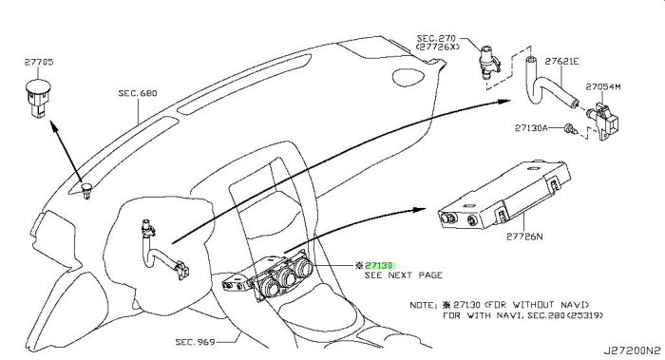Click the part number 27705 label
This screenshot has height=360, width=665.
[39, 62]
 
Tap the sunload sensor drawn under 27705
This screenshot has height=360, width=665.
[37, 99]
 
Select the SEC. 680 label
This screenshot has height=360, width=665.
[138, 93]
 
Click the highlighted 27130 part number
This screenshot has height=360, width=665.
[379, 266]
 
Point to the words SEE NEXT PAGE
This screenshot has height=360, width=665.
[404, 275]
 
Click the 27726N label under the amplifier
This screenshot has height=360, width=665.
[524, 237]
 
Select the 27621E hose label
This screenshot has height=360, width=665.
[561, 62]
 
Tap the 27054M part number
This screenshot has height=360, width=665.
[603, 87]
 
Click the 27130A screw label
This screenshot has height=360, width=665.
[531, 127]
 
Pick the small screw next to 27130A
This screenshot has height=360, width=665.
[570, 128]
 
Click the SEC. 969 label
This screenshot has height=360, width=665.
[195, 342]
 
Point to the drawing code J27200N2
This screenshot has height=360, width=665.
[633, 351]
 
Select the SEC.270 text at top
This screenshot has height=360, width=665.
[436, 39]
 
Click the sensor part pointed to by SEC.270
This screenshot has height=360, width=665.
[488, 63]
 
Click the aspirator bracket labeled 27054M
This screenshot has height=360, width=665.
[604, 120]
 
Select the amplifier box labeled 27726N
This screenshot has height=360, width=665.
[504, 194]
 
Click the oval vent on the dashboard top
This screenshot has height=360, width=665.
[408, 77]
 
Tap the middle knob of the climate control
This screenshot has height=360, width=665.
[289, 277]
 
